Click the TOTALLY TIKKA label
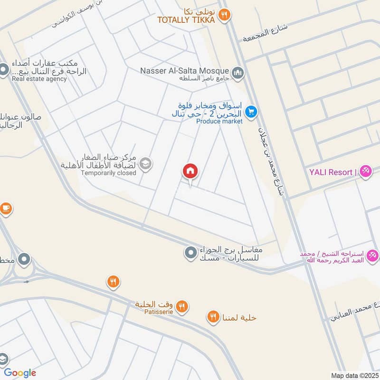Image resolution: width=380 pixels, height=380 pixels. [x=187, y=20]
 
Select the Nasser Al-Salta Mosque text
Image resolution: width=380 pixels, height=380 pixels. [x=185, y=70]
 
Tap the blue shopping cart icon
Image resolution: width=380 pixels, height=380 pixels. [x=251, y=112]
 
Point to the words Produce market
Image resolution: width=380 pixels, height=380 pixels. [x=219, y=121]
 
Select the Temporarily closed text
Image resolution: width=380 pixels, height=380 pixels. [x=108, y=173]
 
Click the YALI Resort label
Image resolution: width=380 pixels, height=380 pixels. [x=333, y=172]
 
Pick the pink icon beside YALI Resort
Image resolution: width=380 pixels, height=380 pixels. [x=365, y=171]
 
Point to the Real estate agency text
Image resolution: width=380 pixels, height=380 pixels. [x=39, y=79]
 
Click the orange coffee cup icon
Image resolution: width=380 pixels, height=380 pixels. [x=5, y=208]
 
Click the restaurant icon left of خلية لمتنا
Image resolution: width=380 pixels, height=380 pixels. [x=213, y=316]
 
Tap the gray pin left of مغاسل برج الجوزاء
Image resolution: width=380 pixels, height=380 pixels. [x=190, y=252]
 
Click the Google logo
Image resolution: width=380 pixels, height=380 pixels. [x=20, y=373]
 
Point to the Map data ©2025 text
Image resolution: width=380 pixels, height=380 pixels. [x=354, y=375]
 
